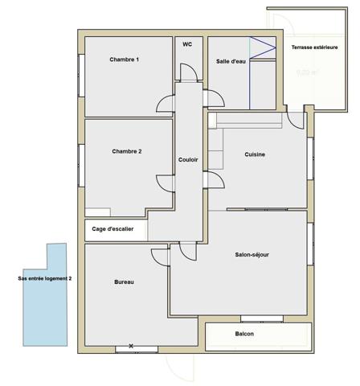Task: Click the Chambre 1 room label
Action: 125,60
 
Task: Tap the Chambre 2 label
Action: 127,152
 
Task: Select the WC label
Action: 187,44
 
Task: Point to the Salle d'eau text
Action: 231,62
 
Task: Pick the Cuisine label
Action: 255,155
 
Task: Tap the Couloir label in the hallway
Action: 188,159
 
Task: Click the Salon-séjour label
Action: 252,255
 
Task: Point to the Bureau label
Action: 124,282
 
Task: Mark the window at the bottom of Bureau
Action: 131,347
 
